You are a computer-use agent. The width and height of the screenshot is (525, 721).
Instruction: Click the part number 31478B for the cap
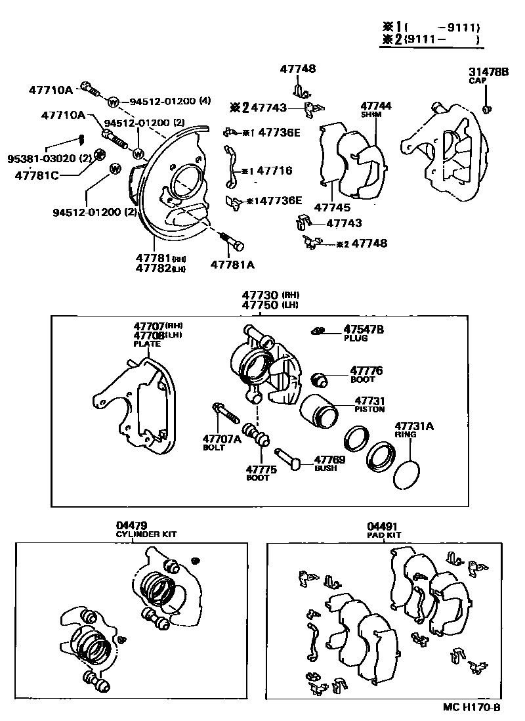pyautogui.click(x=488, y=72)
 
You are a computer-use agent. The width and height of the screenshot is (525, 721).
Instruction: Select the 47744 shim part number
pyautogui.click(x=375, y=105)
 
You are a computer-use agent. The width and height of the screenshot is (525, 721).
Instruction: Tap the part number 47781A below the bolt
pyautogui.click(x=232, y=265)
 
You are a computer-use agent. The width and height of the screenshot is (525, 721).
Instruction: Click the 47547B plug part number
pyautogui.click(x=364, y=329)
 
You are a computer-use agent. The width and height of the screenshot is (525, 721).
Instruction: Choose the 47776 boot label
pyautogui.click(x=366, y=371)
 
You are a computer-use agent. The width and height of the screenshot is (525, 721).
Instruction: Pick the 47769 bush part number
pyautogui.click(x=329, y=460)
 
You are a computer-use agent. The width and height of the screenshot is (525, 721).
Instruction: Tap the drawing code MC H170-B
pyautogui.click(x=471, y=708)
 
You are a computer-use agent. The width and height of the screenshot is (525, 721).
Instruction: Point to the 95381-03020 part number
pyautogui.click(x=40, y=159)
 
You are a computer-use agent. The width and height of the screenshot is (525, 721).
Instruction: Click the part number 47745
pyautogui.click(x=332, y=208)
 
